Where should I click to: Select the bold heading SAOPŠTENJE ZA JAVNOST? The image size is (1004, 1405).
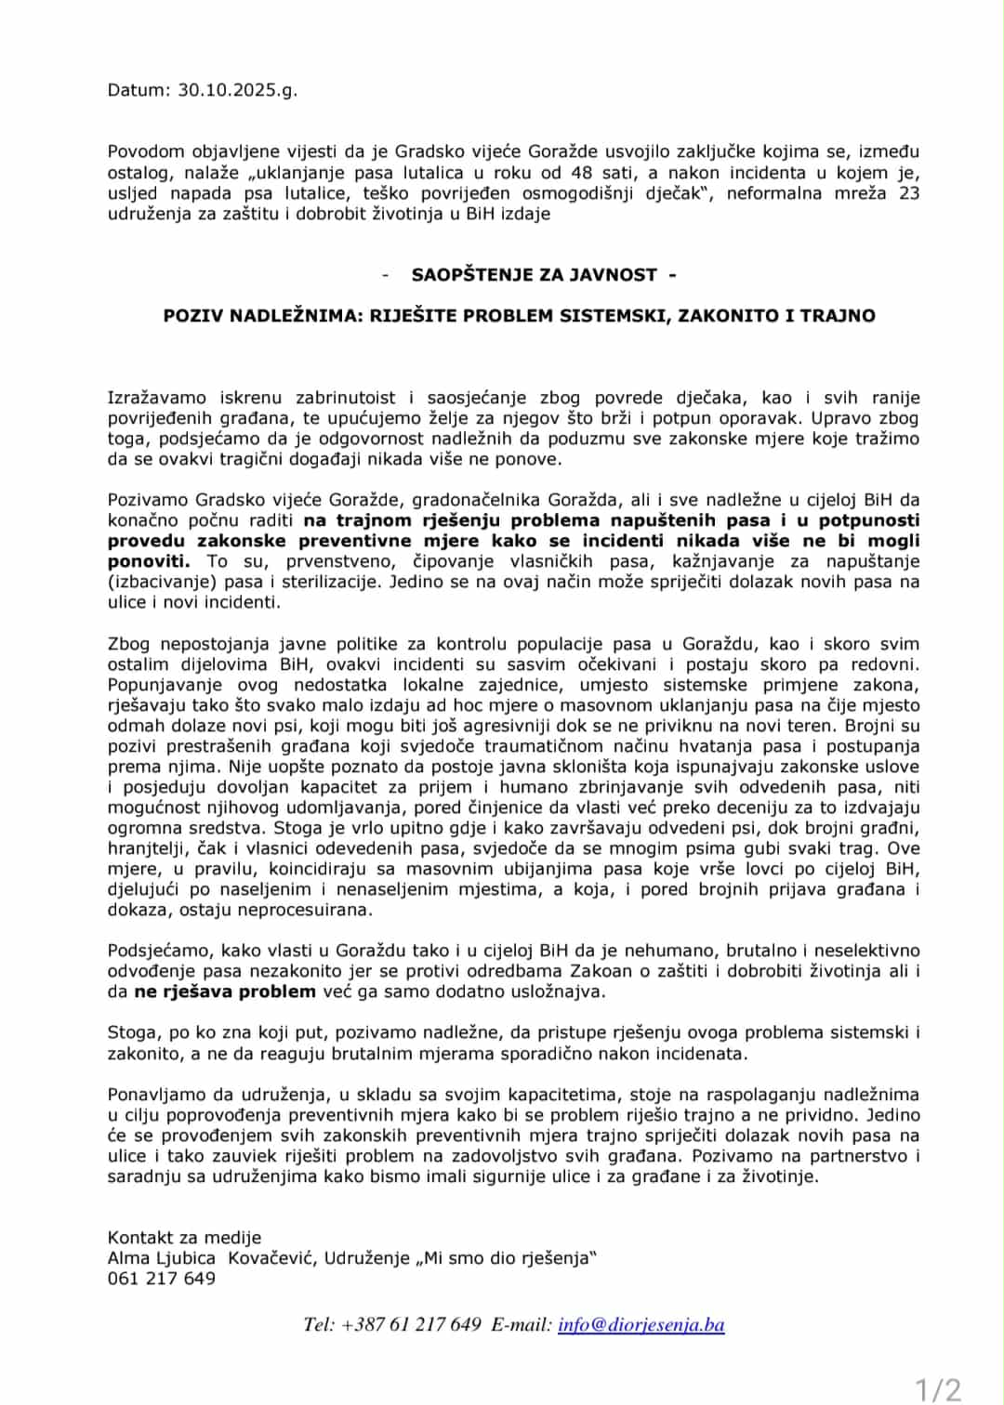point(535,274)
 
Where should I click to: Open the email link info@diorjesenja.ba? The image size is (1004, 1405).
point(641,1324)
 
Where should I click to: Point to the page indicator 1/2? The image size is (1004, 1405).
point(938,1389)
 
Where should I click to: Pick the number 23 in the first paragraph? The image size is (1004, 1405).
point(908,192)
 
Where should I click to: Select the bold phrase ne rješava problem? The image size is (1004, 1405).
point(225,991)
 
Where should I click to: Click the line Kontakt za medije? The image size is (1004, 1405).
point(184,1237)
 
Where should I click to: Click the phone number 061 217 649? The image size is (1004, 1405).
point(161,1278)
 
